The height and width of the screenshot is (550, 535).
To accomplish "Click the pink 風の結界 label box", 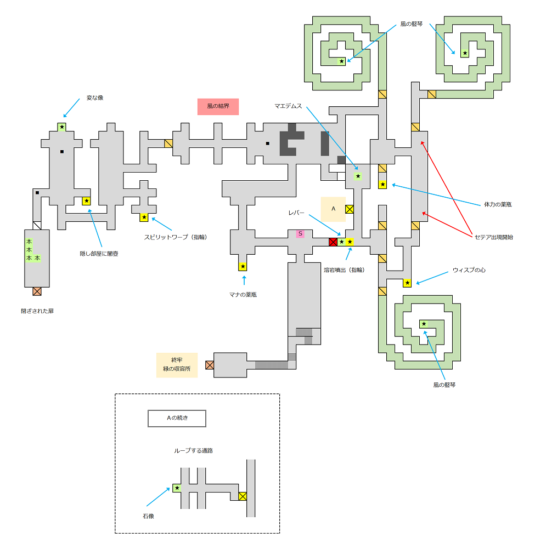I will tap(218, 106).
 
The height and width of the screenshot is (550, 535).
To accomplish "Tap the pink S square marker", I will tap(300, 234).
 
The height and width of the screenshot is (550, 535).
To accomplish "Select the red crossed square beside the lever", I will tap(333, 242).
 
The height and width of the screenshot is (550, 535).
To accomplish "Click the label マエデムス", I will tap(289, 106).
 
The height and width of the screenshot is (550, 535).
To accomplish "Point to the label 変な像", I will tap(94, 98).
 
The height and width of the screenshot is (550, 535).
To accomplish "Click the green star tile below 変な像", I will tap(62, 127).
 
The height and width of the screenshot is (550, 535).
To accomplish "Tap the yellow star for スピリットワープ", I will tap(144, 217).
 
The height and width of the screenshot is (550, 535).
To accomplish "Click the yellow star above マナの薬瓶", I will tap(243, 267).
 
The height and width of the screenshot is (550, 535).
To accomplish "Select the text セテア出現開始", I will tap(494, 237).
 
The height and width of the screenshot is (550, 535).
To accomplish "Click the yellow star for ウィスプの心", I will tap(407, 283).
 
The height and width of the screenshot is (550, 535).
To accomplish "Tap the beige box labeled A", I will tap(333, 209).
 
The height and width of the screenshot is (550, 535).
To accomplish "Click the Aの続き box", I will tap(177, 419).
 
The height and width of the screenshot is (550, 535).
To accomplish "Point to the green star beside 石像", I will tap(177, 488).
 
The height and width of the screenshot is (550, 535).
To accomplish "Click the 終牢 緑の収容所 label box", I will tap(177, 364).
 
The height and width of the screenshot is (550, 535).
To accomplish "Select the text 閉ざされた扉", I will tap(37, 311).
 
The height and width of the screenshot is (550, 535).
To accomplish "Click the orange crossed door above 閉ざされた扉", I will tap(37, 291).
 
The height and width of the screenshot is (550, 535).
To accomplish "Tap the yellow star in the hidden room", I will tap(86, 201).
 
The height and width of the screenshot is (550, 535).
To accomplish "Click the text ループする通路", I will tap(193, 450).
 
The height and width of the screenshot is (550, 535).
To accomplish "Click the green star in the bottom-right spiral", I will tap(424, 324).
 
